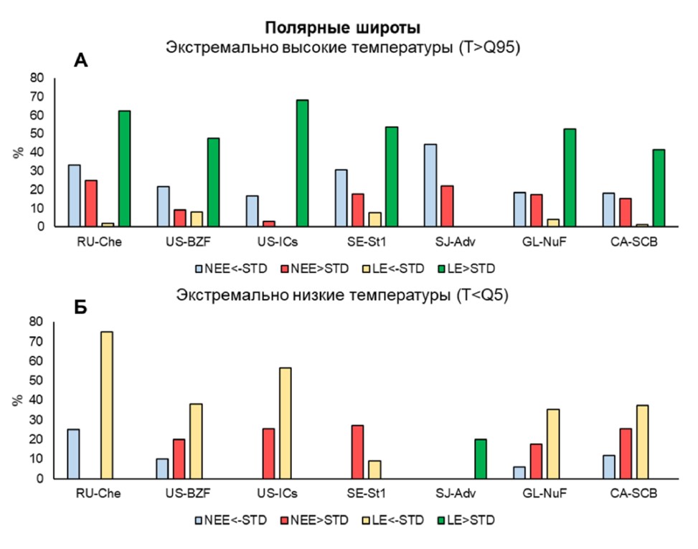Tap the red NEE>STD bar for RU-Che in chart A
click(91, 204)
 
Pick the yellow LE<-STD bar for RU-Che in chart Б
click(107, 405)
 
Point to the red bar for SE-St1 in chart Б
click(358, 452)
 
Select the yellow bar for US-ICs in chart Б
click(286, 423)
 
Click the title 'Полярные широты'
click(343, 29)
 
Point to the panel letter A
click(81, 61)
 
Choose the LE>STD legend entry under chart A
click(469, 269)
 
